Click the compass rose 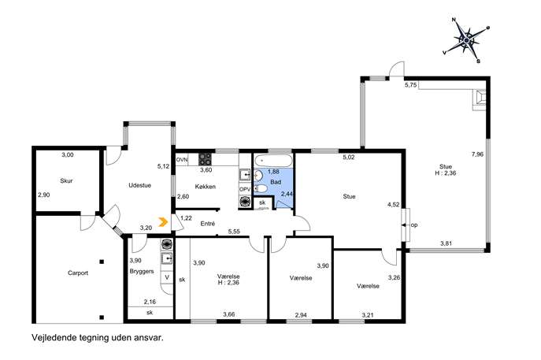click(x=466, y=40)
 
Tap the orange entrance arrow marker click(x=163, y=222)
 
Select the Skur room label click(x=66, y=180)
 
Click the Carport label click(x=78, y=273)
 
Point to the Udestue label click(x=139, y=185)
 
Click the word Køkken click(x=206, y=187)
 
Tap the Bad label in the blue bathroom click(x=276, y=182)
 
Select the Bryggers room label click(x=142, y=272)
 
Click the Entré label click(x=208, y=224)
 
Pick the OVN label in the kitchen click(x=182, y=160)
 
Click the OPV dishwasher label click(x=245, y=190)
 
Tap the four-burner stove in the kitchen click(x=205, y=159)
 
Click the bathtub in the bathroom click(x=273, y=161)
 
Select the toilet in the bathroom click(x=260, y=188)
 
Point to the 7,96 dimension click(x=477, y=154)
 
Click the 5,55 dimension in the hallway click(x=234, y=232)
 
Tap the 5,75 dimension click(x=410, y=85)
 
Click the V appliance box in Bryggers click(x=167, y=277)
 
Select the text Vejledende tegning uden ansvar click(x=98, y=338)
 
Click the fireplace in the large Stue click(x=480, y=100)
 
